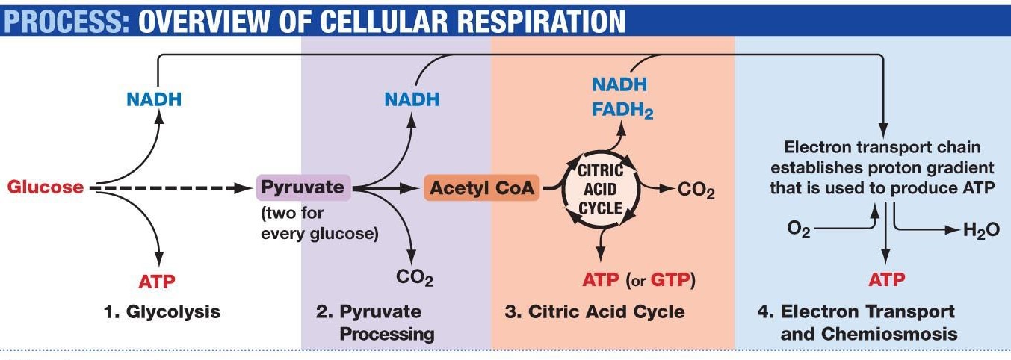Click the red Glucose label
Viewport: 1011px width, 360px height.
(46, 187)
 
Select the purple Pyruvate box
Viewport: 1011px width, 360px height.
(303, 187)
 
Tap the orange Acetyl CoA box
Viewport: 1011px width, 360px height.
(481, 187)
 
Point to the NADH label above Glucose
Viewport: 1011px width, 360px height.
(154, 99)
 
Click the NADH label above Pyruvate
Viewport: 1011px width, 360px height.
(412, 99)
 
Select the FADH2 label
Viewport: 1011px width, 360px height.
(622, 111)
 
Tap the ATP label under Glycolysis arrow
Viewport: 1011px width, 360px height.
(157, 282)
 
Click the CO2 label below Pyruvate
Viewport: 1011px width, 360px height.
(414, 277)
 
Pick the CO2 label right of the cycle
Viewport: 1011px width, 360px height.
(696, 190)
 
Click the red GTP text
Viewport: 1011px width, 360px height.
(671, 279)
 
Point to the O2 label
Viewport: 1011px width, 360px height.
(799, 229)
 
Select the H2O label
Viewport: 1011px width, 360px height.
(981, 231)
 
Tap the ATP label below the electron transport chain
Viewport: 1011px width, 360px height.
(886, 279)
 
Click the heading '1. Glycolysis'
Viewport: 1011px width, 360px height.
(162, 311)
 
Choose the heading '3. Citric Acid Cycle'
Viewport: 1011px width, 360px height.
(595, 311)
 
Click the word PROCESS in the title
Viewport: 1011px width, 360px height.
(67, 21)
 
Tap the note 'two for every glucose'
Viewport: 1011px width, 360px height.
(320, 223)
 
